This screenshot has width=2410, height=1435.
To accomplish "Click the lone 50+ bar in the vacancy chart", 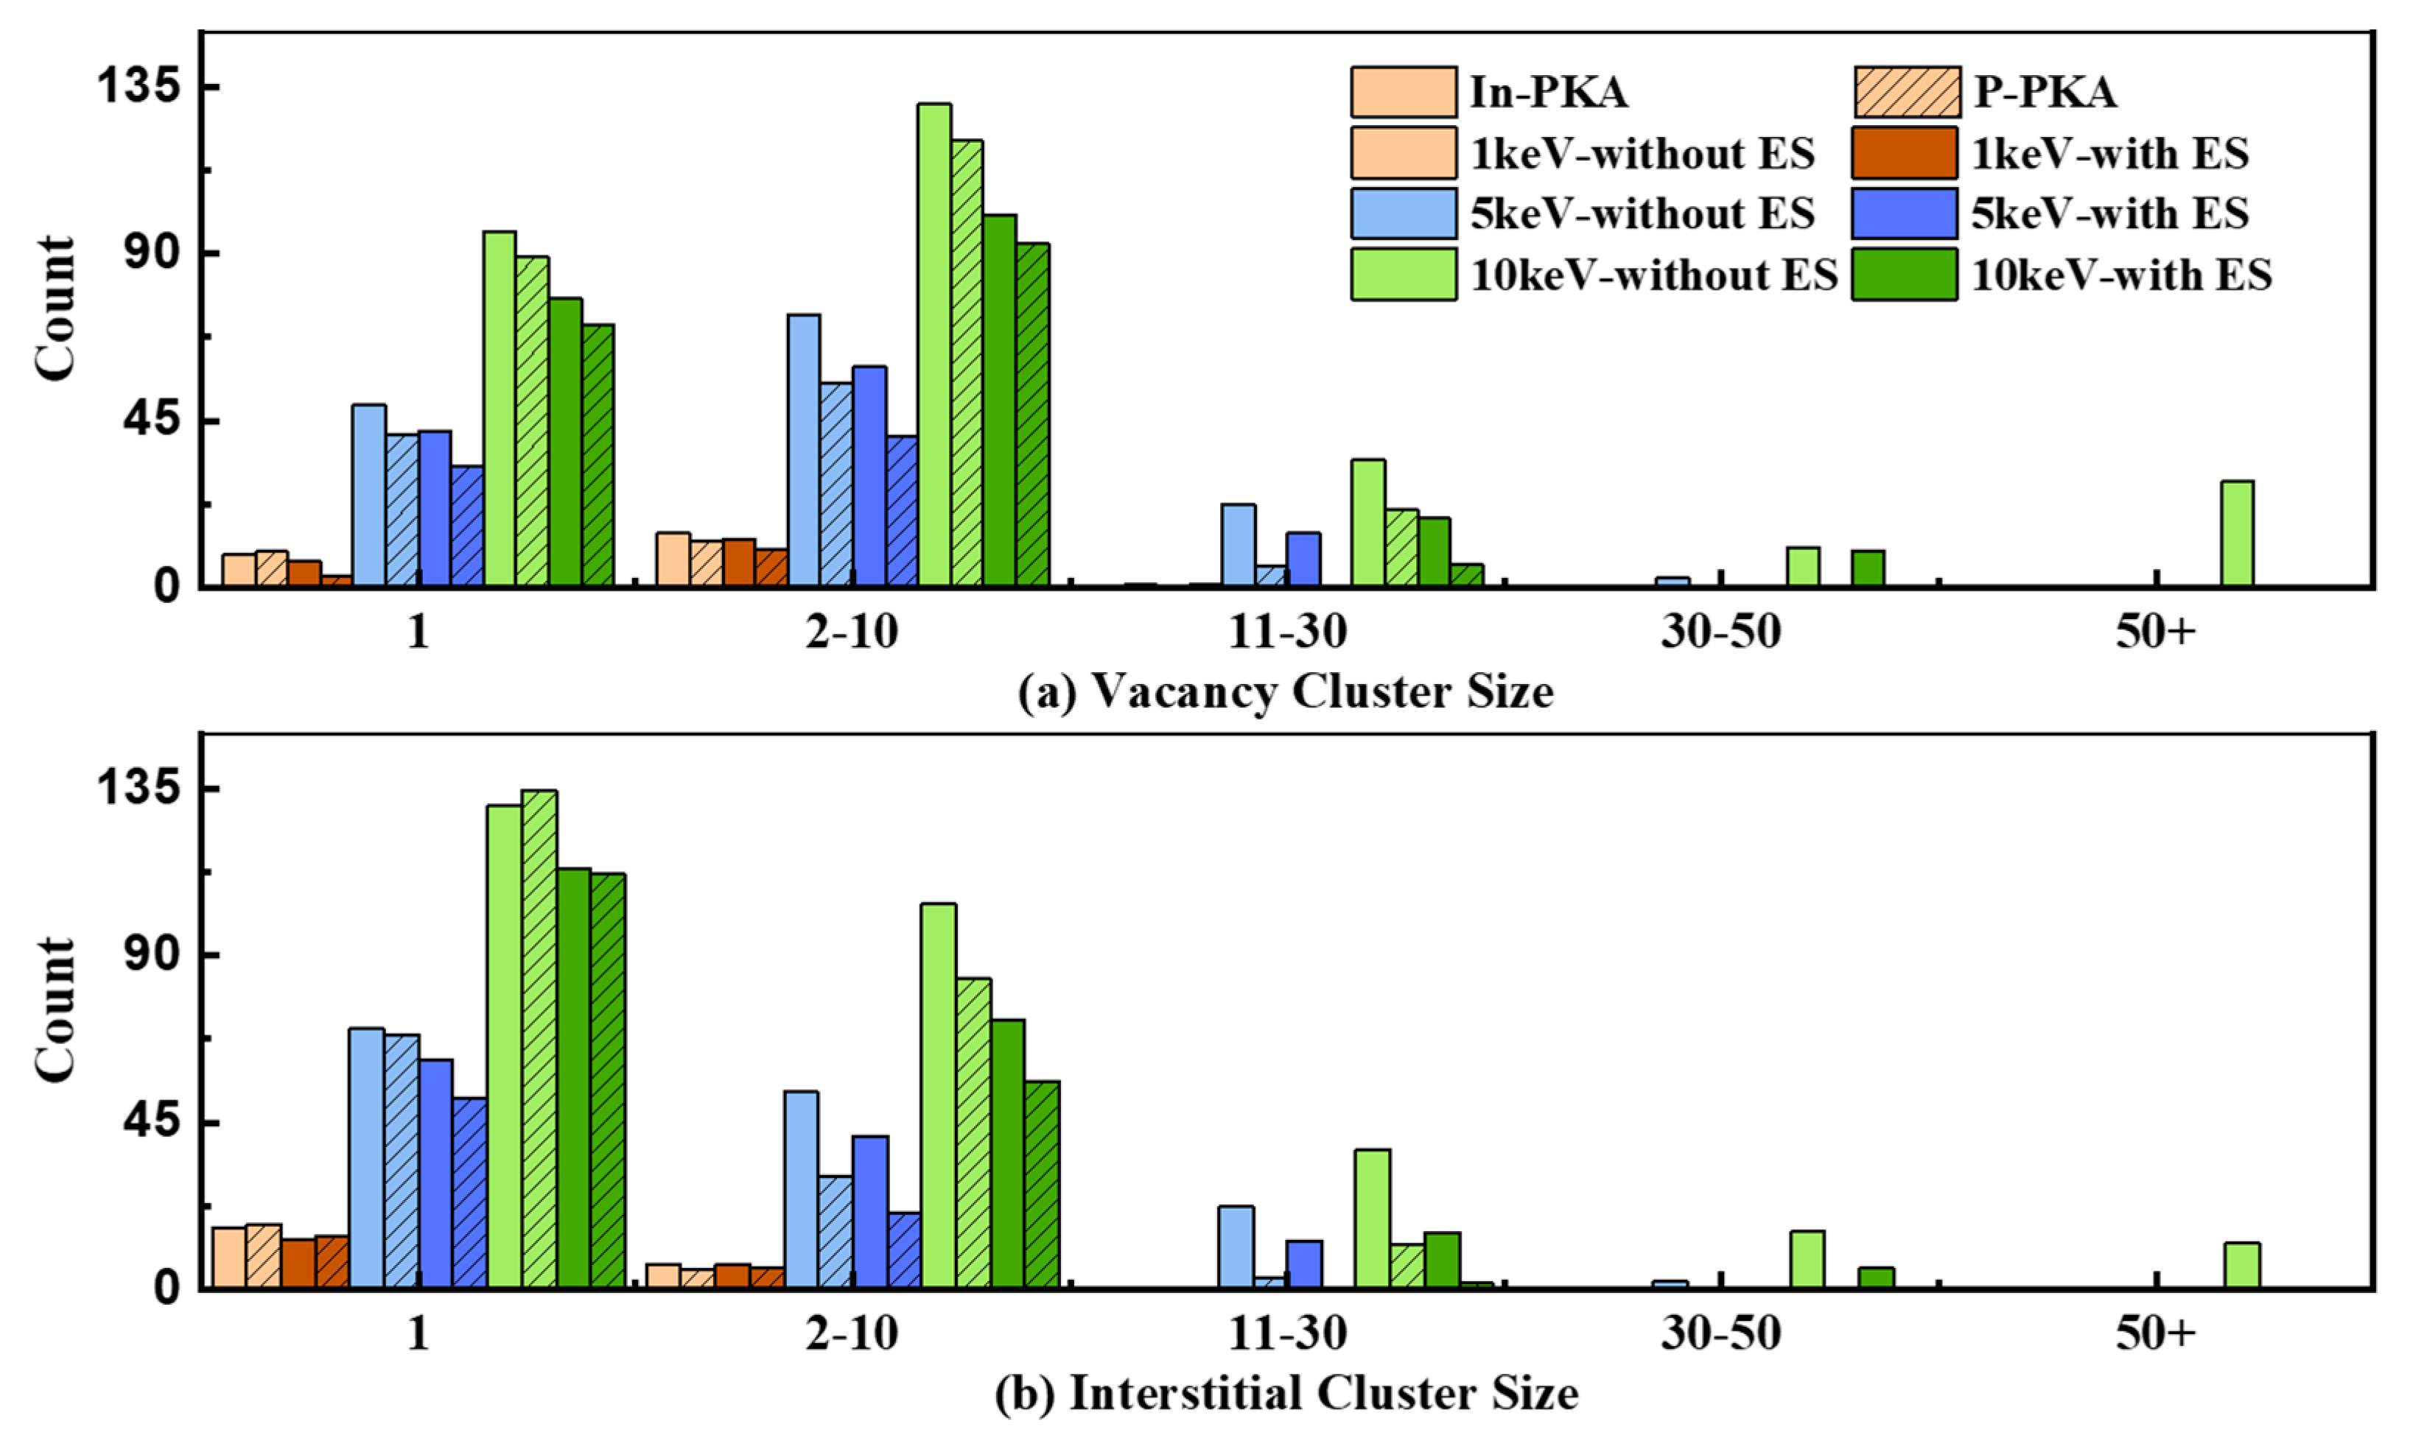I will [2237, 534].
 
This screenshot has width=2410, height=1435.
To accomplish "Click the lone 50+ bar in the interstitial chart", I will [2242, 1266].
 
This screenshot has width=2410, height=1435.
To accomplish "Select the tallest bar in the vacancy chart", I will [933, 345].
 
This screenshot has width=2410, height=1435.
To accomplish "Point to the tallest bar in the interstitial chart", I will [539, 1040].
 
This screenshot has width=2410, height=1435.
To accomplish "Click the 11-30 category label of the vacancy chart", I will [1286, 633].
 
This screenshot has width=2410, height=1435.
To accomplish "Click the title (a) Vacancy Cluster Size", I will [1286, 692].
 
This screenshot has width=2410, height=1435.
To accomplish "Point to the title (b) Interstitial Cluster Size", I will [1286, 1395].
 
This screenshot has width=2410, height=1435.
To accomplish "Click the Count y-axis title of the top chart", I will [55, 308].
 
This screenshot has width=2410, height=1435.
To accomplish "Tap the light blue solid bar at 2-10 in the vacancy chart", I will [803, 451].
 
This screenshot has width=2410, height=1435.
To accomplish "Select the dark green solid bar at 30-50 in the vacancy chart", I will [1867, 568].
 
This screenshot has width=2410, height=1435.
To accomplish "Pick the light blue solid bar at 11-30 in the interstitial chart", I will [1236, 1247].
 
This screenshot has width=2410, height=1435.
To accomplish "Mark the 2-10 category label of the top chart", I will [852, 633].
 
